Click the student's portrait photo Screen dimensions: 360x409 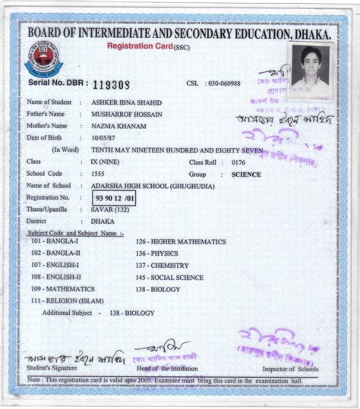coord(310,71)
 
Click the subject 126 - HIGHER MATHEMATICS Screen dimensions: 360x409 coord(180,242)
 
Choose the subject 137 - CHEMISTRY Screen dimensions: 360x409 coord(162,266)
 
